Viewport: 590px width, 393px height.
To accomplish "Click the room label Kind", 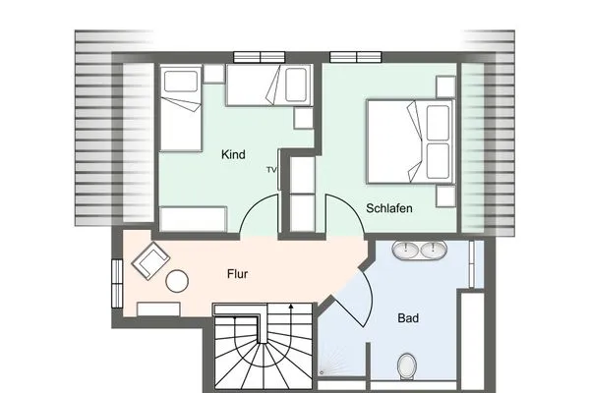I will click(233, 155).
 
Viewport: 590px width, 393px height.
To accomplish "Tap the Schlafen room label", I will click(388, 209).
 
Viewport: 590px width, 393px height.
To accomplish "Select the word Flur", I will click(237, 274).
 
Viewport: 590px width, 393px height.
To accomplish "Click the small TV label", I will click(270, 170).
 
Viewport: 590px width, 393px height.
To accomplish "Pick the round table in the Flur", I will click(177, 281).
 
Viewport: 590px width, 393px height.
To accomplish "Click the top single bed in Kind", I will click(268, 84).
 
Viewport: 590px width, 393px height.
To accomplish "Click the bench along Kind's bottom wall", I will click(194, 218).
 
